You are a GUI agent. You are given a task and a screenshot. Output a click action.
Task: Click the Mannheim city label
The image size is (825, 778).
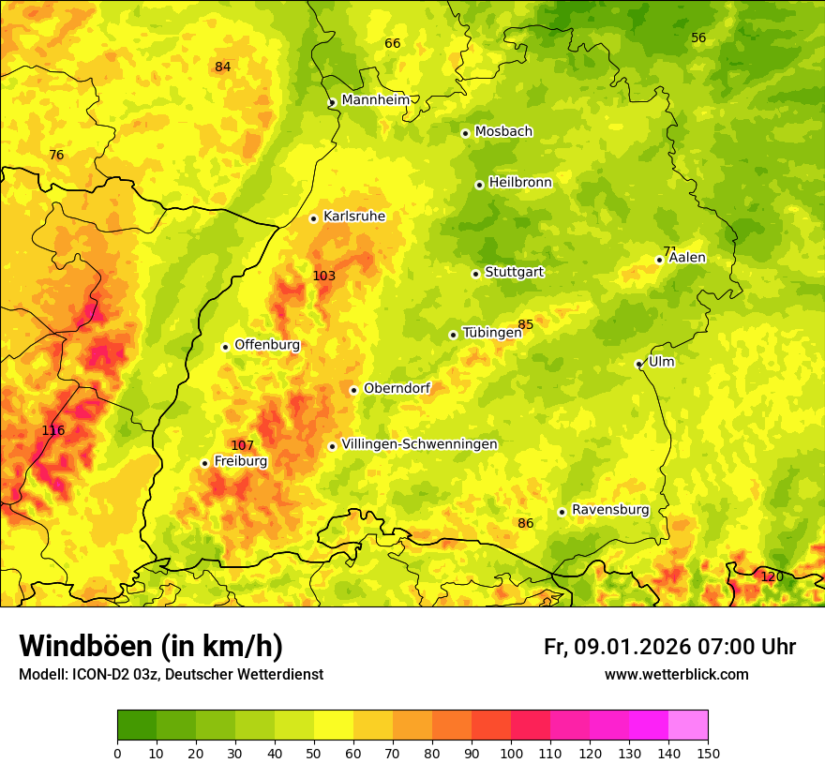[x=375, y=100]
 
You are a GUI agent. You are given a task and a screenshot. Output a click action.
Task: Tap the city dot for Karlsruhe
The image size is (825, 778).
[x=314, y=218]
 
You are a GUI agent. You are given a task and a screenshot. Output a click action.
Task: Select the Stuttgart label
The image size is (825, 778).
[x=514, y=273]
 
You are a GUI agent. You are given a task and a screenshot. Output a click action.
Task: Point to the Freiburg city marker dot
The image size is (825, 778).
[x=204, y=463]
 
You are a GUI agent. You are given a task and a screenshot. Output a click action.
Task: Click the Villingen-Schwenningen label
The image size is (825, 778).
[x=419, y=444]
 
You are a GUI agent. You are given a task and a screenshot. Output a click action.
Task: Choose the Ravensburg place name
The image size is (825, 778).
[x=610, y=510]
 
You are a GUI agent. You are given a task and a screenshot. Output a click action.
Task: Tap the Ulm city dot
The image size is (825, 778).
[x=638, y=364]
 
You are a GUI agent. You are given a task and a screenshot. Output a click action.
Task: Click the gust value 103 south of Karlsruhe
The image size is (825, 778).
[x=323, y=276]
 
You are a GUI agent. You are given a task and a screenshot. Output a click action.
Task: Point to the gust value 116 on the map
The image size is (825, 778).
[x=53, y=430]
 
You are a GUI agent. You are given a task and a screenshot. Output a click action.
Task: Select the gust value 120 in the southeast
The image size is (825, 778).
[x=772, y=576]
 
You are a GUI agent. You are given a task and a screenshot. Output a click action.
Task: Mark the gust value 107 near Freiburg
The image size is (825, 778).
[x=242, y=445]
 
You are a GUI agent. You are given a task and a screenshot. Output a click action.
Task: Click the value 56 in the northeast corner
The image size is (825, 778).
[x=698, y=38]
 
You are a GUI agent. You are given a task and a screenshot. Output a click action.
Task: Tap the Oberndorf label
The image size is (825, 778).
[x=397, y=388]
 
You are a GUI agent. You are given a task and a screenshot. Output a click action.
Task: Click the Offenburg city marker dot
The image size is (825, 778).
[x=225, y=347]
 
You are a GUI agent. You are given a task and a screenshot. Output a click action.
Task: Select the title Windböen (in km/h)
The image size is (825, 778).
[x=151, y=646]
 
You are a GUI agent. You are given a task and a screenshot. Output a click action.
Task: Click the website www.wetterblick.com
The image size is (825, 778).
[x=676, y=674]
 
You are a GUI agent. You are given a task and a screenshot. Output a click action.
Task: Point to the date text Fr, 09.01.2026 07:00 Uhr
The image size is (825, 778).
[x=669, y=647]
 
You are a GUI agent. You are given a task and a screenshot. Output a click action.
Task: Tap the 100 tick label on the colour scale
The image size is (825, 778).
[x=511, y=753]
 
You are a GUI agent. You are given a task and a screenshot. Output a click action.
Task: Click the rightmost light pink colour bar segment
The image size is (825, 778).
[x=688, y=726]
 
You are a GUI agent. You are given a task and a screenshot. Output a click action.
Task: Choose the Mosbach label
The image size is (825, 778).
[x=503, y=131]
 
